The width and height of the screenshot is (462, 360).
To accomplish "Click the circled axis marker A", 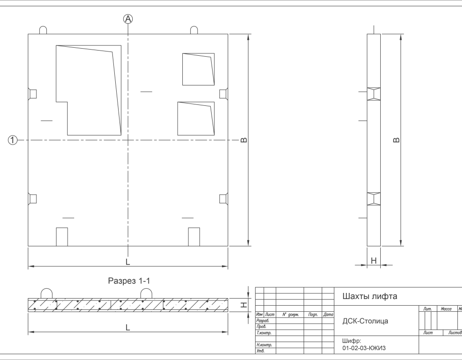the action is [x=128, y=19].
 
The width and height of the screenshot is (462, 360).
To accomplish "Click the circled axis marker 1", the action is [x=12, y=140].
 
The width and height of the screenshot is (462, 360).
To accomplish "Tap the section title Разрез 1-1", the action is [x=129, y=281].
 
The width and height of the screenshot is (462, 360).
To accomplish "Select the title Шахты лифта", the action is [x=370, y=296].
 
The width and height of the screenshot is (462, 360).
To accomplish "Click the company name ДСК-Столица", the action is [x=365, y=321].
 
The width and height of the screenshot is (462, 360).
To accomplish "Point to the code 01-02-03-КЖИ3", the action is [x=364, y=348].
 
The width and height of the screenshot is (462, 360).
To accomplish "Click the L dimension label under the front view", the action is [x=128, y=262].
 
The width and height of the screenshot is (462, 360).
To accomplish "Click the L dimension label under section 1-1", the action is [x=128, y=327].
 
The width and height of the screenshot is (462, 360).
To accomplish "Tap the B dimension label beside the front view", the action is [x=244, y=140].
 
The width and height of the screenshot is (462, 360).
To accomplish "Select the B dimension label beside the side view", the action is [x=397, y=140].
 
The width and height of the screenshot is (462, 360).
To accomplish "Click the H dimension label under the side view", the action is [x=374, y=261].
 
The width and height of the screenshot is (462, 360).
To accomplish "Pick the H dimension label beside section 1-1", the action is [x=244, y=305].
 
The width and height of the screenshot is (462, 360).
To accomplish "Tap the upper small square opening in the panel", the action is [x=198, y=69].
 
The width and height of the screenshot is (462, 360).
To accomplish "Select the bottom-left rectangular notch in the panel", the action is [x=62, y=237].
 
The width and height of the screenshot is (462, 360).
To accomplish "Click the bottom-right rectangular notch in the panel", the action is [x=194, y=237].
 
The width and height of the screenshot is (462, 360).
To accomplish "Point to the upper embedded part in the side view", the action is [x=374, y=94].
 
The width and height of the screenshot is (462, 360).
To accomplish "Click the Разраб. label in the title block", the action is [x=263, y=320].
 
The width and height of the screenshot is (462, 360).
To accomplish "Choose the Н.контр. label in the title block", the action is [x=264, y=345].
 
